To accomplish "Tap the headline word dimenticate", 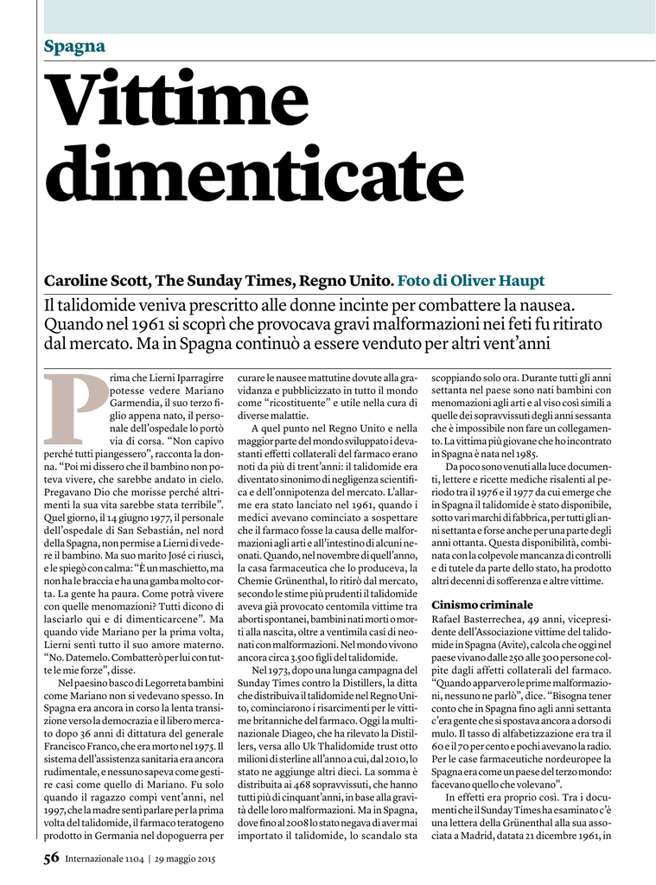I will (x=261, y=175).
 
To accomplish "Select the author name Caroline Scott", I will (x=98, y=281).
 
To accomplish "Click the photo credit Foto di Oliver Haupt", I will (x=471, y=281).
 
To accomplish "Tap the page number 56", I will (x=52, y=859).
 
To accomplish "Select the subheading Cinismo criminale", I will (x=482, y=604).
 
